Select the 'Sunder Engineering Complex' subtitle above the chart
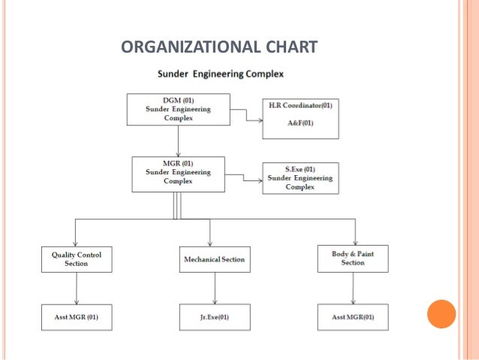click(x=219, y=74)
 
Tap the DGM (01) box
click(x=178, y=109)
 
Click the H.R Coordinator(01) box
click(x=300, y=118)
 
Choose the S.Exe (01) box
click(x=300, y=178)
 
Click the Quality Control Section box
click(x=77, y=259)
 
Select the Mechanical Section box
click(x=214, y=259)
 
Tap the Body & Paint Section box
click(x=353, y=259)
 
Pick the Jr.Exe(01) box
click(x=214, y=317)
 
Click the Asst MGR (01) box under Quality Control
click(x=77, y=317)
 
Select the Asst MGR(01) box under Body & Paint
click(x=353, y=317)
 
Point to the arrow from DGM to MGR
click(x=178, y=141)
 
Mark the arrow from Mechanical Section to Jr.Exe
click(x=214, y=288)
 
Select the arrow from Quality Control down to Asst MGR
click(x=77, y=288)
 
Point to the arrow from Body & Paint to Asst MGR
click(x=353, y=288)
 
